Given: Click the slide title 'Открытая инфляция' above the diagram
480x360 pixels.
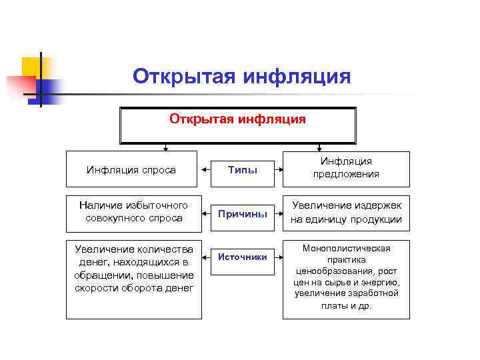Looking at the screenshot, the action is click(241, 76).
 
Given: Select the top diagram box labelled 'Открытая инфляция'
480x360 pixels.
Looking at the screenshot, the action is click(237, 125).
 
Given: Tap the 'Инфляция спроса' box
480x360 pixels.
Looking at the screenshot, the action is click(131, 169).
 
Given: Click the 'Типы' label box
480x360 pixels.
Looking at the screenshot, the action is click(242, 169).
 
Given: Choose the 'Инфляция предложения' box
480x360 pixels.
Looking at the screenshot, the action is click(346, 168).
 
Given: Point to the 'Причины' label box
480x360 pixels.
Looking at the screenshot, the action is click(242, 214).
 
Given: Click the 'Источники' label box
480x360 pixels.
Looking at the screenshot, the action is click(242, 257).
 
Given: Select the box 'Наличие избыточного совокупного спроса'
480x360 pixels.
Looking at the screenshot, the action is click(133, 211).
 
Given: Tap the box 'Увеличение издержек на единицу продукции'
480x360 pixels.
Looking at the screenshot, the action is click(346, 211).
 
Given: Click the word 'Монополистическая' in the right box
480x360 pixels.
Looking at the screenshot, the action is click(346, 249).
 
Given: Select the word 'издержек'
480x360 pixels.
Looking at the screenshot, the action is click(373, 205).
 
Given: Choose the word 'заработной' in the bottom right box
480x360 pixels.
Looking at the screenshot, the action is click(375, 294).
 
